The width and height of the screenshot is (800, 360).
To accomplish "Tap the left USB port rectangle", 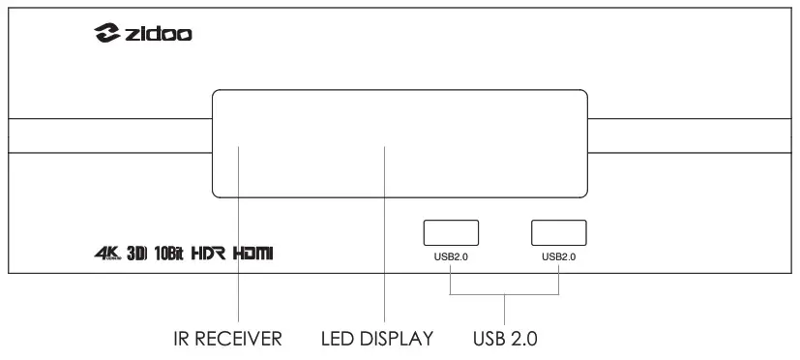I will pos(451,232).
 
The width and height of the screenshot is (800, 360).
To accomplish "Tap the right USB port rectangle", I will pos(559,232).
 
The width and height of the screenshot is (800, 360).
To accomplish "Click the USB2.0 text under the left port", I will pos(451,256).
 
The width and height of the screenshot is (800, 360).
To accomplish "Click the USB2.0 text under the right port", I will pos(559,256).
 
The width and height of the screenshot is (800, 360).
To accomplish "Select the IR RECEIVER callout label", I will pos(222,339).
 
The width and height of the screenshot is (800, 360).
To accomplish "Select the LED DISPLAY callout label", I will pos(377,339).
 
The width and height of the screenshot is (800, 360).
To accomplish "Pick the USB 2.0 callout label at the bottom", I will pos(505,339).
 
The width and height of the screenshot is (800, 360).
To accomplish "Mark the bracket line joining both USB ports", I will pos(505,296).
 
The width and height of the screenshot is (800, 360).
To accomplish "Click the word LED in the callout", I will pos(338,339).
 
